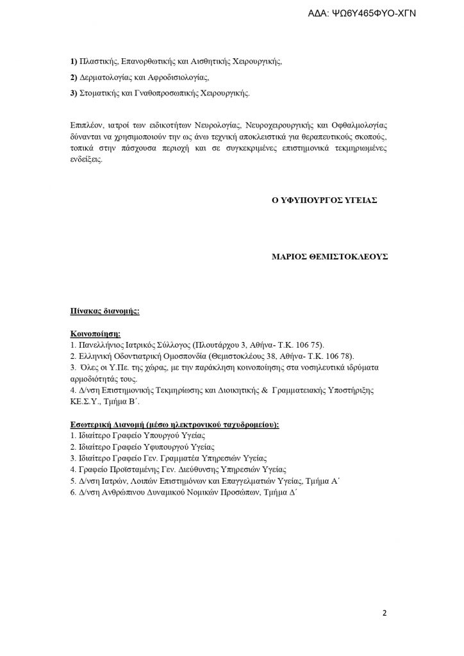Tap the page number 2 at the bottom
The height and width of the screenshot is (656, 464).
pyautogui.click(x=385, y=613)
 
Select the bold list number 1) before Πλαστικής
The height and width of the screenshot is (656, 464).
pyautogui.click(x=73, y=63)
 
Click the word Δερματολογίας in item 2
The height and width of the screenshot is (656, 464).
pyautogui.click(x=104, y=78)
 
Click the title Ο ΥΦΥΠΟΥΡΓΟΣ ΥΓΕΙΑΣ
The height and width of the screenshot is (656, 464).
pyautogui.click(x=325, y=200)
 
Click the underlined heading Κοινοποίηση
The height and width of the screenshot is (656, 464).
pyautogui.click(x=95, y=334)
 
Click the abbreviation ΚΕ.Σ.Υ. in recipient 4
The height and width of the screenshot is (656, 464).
pyautogui.click(x=85, y=401)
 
